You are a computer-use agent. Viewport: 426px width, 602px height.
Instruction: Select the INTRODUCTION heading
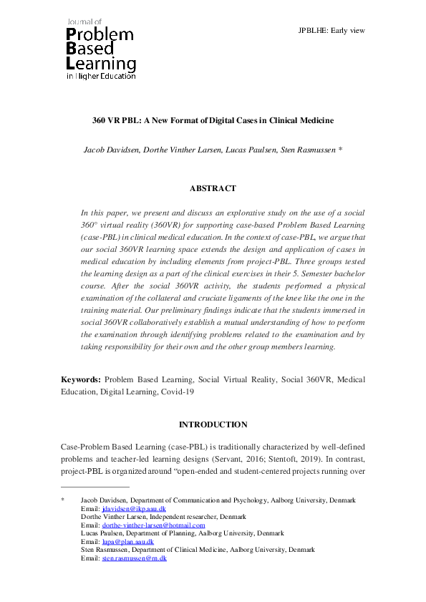tap(213, 425)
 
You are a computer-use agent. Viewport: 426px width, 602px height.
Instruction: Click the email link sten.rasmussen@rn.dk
tap(135, 558)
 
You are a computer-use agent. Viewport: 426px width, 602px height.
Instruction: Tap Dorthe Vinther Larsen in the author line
tap(182, 150)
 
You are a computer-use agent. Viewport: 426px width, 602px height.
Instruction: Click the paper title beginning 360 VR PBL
tap(213, 120)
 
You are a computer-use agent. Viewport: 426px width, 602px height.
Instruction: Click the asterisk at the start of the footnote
tap(63, 500)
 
